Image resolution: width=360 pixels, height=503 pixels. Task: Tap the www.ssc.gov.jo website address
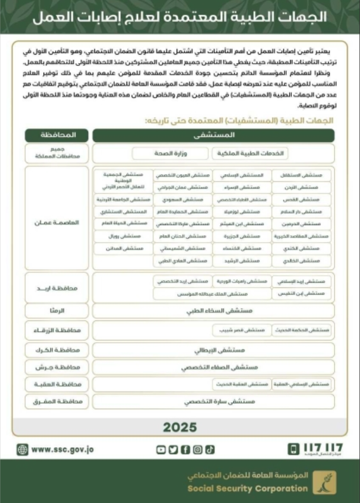click(x=62, y=449)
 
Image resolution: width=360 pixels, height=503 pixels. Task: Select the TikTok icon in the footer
click(x=210, y=450)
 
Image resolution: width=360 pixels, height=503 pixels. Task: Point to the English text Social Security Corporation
click(x=249, y=488)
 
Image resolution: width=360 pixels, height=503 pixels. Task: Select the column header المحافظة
click(x=57, y=136)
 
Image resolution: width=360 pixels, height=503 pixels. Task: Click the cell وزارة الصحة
click(x=168, y=153)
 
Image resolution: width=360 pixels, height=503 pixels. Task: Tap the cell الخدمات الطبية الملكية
click(x=250, y=153)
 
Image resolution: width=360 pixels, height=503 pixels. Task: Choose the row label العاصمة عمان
click(x=57, y=223)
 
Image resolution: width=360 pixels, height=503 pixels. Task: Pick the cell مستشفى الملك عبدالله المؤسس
click(x=213, y=293)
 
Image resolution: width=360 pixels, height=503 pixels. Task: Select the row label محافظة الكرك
click(x=57, y=350)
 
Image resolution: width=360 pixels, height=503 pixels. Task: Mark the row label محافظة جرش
click(x=57, y=367)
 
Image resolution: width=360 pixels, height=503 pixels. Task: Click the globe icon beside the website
click(x=22, y=449)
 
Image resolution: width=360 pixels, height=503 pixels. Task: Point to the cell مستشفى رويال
click(x=124, y=235)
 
